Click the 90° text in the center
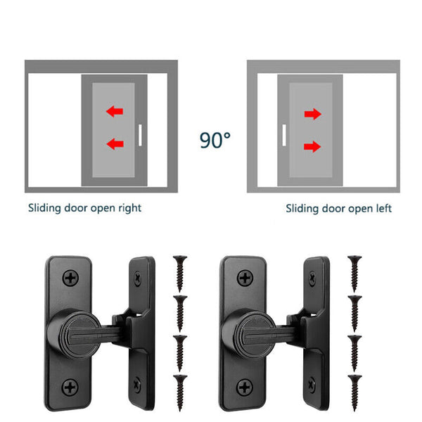215,139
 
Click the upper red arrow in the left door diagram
114,111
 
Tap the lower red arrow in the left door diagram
114,144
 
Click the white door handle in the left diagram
140,134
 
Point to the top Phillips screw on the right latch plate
245,279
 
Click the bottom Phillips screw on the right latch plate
245,385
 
